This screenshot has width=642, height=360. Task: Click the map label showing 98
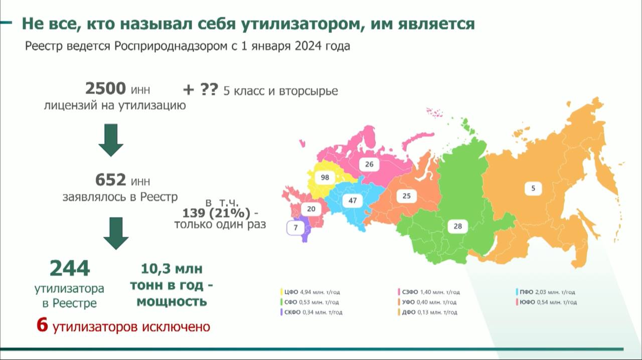pyautogui.click(x=325, y=177)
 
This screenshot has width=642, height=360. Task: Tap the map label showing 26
pyautogui.click(x=369, y=164)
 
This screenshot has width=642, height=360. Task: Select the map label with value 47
pyautogui.click(x=353, y=201)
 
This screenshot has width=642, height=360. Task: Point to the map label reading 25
pyautogui.click(x=406, y=196)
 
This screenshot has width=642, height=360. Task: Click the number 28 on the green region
pyautogui.click(x=458, y=227)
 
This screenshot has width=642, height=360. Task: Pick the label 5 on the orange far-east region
pyautogui.click(x=533, y=189)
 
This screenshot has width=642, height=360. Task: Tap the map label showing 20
pyautogui.click(x=311, y=209)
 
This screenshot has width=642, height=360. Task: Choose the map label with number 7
pyautogui.click(x=295, y=228)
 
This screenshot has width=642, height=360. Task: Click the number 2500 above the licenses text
pyautogui.click(x=105, y=88)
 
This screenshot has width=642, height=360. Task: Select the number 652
pyautogui.click(x=110, y=180)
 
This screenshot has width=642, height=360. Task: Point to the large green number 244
pyautogui.click(x=70, y=268)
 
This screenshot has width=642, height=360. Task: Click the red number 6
pyautogui.click(x=42, y=325)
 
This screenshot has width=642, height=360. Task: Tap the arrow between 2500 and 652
pyautogui.click(x=111, y=140)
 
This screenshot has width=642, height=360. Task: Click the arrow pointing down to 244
pyautogui.click(x=116, y=233)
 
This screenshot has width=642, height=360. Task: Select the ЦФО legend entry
pyautogui.click(x=310, y=292)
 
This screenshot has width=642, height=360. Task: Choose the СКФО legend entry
pyautogui.click(x=311, y=312)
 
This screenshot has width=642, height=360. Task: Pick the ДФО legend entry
pyautogui.click(x=427, y=312)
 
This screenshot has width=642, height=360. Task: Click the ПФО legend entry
pyautogui.click(x=545, y=292)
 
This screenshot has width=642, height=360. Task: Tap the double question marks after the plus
pyautogui.click(x=209, y=90)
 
